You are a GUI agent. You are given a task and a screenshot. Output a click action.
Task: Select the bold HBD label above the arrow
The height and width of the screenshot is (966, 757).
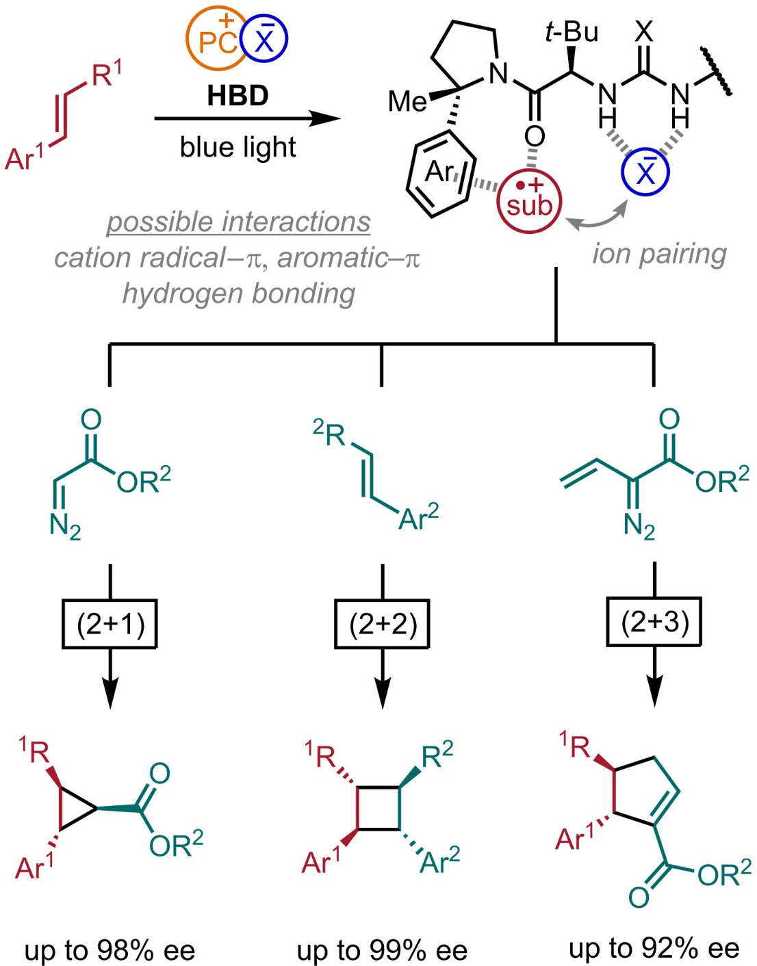(238, 96)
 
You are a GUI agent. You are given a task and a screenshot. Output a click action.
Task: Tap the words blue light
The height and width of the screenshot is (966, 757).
(238, 147)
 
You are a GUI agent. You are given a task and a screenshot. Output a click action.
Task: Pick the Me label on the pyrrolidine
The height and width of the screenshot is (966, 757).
(407, 102)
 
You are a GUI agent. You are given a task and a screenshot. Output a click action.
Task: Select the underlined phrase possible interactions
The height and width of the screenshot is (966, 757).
(238, 222)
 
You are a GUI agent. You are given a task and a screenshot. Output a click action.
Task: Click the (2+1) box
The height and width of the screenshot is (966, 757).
(110, 624)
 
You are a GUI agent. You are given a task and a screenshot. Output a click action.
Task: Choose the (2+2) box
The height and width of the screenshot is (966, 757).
(382, 624)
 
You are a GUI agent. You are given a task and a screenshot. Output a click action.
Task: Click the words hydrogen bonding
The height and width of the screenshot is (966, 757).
(239, 294)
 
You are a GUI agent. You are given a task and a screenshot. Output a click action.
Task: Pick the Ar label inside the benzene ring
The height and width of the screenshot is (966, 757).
(438, 172)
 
